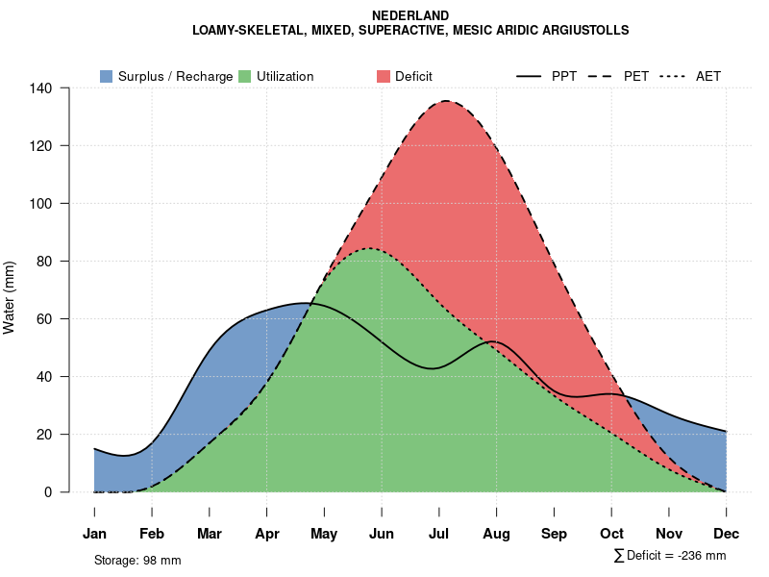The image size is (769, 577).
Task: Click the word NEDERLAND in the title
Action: click(410, 15)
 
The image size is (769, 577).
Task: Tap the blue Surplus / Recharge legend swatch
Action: click(106, 76)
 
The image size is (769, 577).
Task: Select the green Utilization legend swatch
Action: click(245, 76)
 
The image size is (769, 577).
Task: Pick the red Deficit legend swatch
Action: click(384, 76)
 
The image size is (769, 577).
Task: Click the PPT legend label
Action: click(564, 76)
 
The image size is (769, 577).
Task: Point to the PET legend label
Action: click(636, 76)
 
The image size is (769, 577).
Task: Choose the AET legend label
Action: click(708, 76)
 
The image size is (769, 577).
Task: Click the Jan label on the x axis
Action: click(94, 534)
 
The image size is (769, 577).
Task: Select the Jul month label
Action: click(439, 534)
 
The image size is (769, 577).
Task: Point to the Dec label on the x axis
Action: click(727, 534)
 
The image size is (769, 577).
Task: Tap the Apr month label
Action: click(267, 534)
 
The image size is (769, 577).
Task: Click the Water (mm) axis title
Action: click(10, 297)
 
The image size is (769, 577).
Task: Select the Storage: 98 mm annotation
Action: click(137, 560)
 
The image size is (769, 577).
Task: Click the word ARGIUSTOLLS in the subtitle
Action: click(586, 31)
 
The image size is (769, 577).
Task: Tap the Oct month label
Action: click(611, 534)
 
